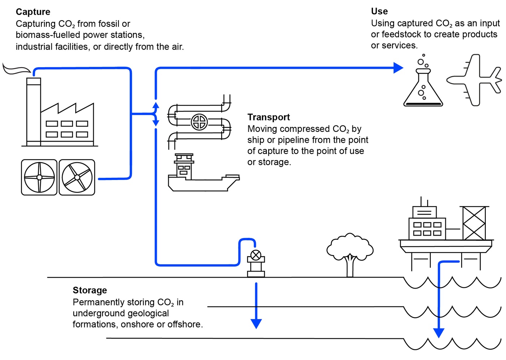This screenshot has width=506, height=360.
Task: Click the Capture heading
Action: click(33, 12)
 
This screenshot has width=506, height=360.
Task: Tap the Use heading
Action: click(379, 11)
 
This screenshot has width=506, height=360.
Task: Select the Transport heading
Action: click(269, 117)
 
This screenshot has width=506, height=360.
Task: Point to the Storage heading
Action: click(90, 290)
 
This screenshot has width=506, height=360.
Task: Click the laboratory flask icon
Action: click(423, 80)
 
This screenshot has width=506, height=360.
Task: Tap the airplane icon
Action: click(474, 80)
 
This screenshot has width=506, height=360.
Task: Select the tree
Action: click(350, 255)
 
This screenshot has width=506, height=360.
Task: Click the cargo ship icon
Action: click(204, 172)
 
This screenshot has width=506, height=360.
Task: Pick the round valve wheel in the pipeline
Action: click(199, 122)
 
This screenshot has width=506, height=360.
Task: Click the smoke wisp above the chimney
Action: click(16, 69)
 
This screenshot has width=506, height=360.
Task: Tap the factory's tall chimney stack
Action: click(34, 112)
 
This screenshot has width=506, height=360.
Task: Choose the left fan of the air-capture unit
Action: click(39, 177)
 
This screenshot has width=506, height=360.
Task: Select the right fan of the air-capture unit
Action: click(77, 177)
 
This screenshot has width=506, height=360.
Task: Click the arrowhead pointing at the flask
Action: click(398, 68)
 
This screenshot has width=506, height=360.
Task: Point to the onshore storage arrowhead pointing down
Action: click(256, 324)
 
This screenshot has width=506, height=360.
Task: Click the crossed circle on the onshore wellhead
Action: click(256, 256)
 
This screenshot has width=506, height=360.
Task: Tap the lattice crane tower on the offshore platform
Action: click(474, 223)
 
